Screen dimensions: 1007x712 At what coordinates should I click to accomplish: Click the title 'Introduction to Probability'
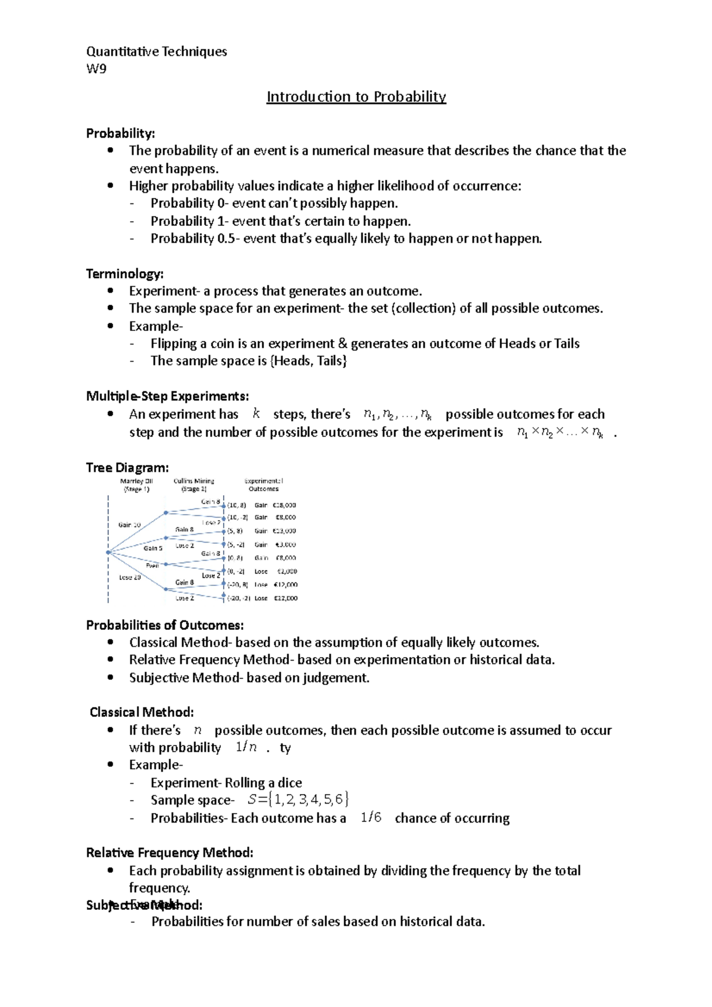point(356,97)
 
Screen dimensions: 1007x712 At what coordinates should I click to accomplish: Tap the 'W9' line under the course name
point(96,69)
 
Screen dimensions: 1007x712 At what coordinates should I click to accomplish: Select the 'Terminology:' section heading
point(125,273)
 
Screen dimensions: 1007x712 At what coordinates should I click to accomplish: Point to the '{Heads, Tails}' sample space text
point(309,361)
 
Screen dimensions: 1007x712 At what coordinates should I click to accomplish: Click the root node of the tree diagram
point(108,552)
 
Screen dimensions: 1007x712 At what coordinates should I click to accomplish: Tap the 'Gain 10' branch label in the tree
point(129,525)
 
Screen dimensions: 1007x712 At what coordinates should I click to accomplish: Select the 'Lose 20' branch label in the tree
point(129,577)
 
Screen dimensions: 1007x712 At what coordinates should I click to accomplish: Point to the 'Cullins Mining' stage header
point(193,481)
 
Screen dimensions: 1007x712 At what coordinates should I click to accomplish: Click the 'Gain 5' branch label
point(153,548)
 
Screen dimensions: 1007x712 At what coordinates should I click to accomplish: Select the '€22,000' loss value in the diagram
point(285,598)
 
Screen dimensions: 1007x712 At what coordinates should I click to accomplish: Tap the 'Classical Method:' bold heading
point(141,712)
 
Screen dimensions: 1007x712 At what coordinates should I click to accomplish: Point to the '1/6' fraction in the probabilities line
point(371,818)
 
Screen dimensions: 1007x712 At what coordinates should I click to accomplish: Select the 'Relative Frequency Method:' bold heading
point(170,852)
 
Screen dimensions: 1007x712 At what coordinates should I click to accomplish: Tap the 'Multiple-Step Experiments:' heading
point(167,396)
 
